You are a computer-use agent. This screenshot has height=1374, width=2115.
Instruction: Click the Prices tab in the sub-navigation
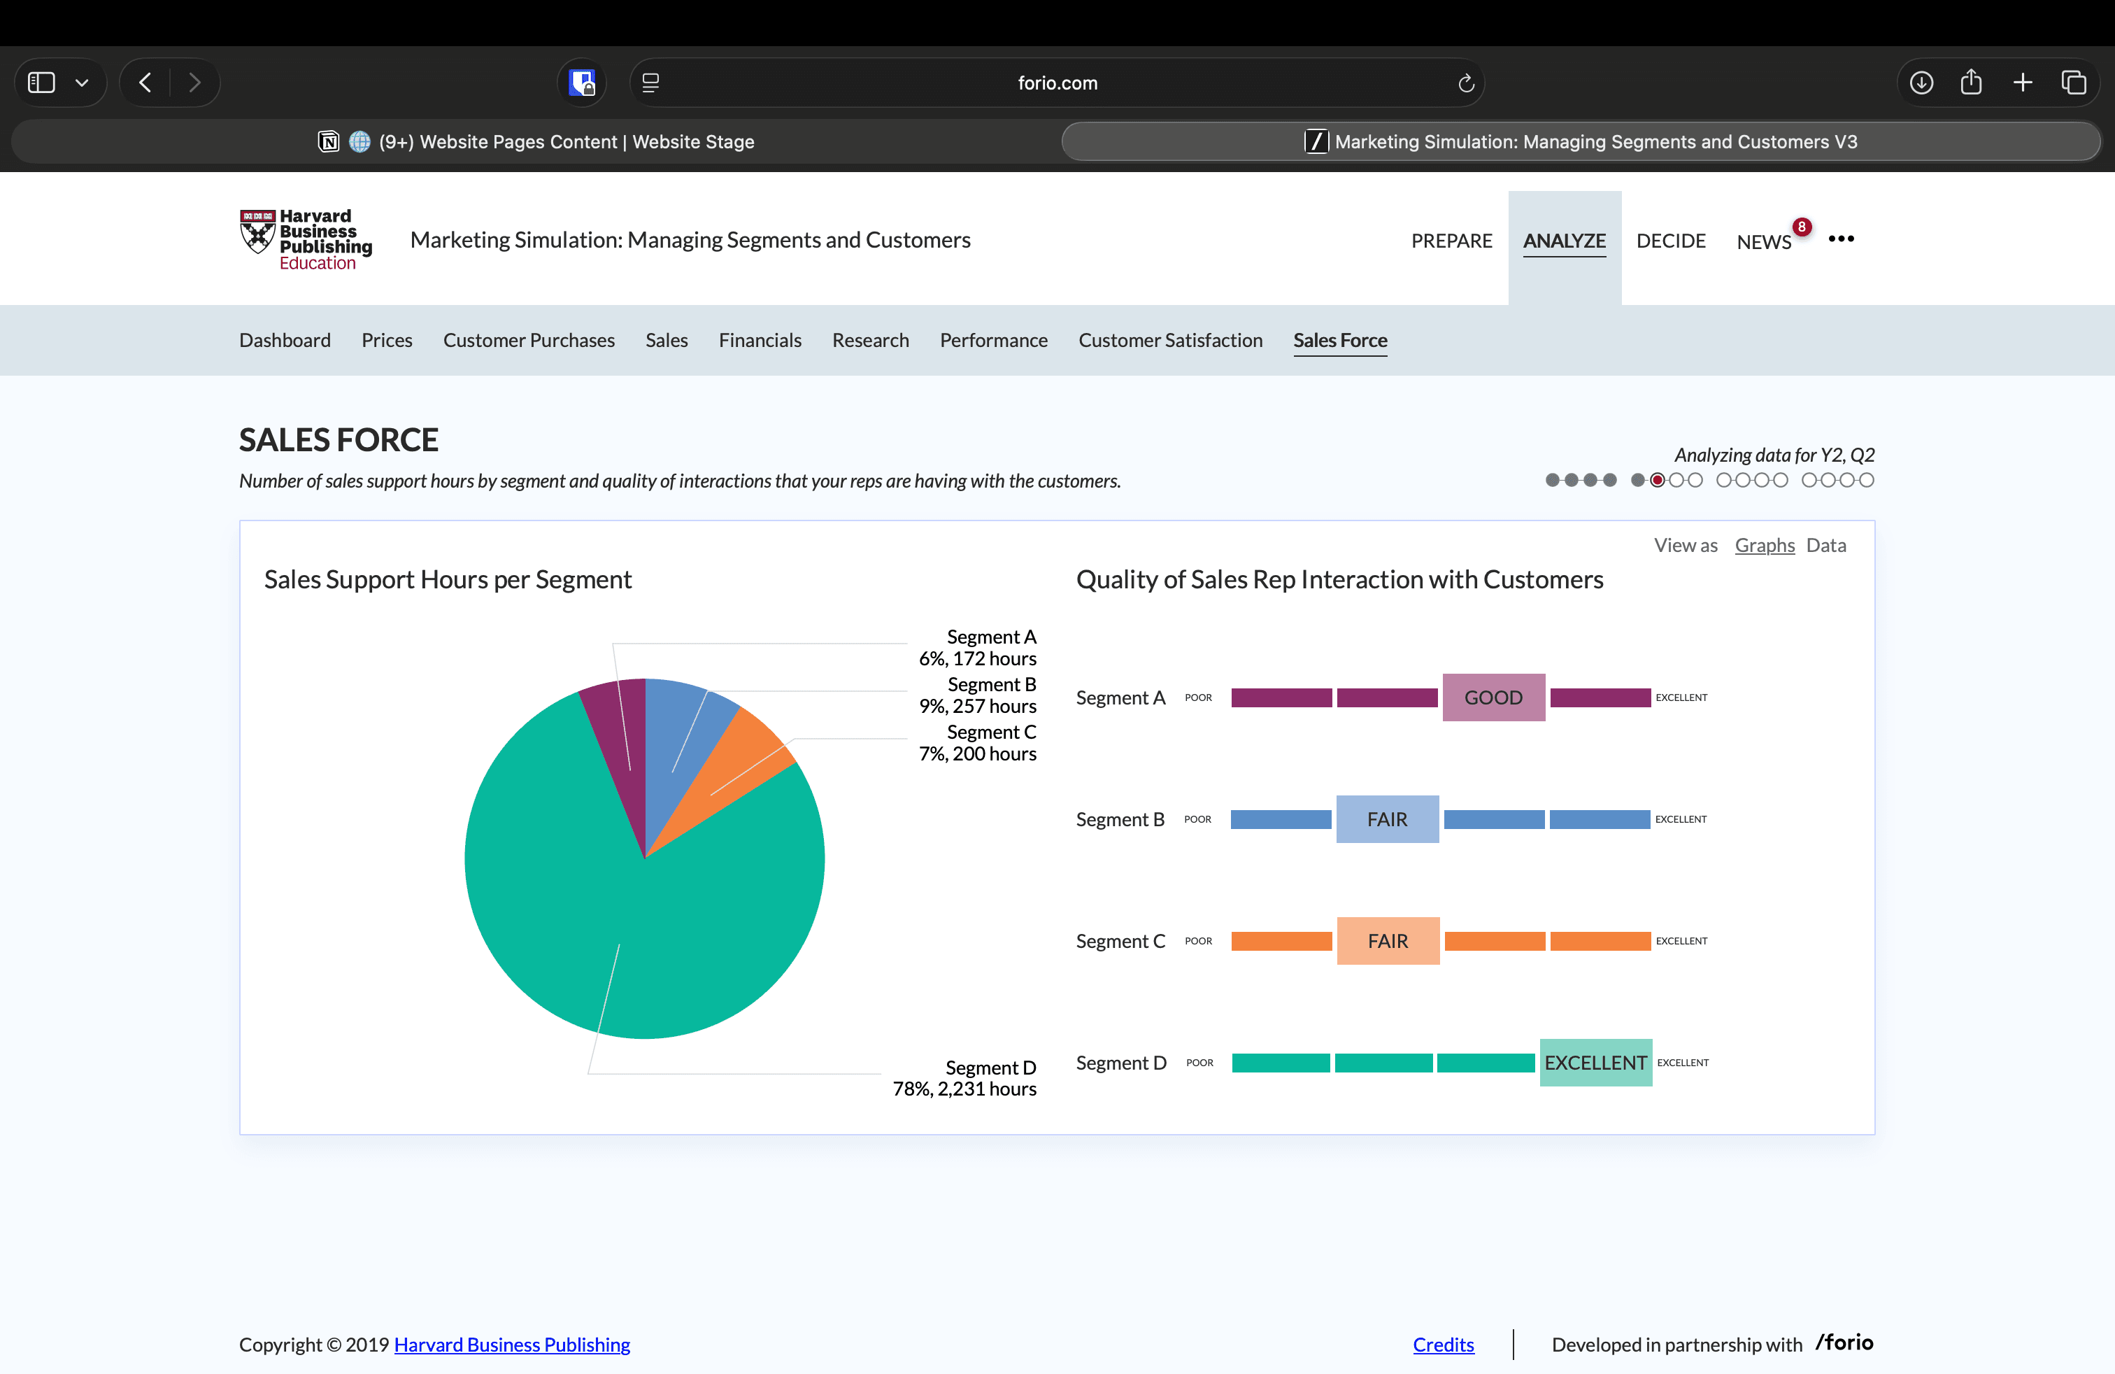[387, 341]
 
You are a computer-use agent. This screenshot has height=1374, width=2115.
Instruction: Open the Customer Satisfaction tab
[1169, 341]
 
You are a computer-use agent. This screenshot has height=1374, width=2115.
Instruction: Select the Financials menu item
[760, 341]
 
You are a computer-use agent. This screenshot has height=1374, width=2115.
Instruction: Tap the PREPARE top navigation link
[1451, 241]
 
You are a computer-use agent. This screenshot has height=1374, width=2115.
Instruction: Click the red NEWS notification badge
[1801, 227]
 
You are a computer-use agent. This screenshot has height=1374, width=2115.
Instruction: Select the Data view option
[1825, 545]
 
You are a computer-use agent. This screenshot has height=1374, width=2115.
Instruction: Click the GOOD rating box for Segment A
[1493, 697]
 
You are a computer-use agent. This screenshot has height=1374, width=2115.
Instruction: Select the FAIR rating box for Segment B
[1386, 819]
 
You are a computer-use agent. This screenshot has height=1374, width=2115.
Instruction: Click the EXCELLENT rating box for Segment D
[1595, 1063]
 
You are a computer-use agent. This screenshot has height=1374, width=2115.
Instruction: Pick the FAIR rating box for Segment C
[1387, 941]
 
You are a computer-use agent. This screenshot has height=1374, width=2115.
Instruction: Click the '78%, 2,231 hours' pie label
[964, 1089]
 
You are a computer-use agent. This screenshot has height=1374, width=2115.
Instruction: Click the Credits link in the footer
[1443, 1345]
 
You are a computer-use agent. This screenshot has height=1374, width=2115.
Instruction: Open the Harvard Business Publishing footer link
[512, 1345]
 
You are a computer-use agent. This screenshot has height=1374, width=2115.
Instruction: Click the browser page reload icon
[1465, 83]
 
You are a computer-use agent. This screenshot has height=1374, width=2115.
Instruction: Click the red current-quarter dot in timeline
[1658, 480]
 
